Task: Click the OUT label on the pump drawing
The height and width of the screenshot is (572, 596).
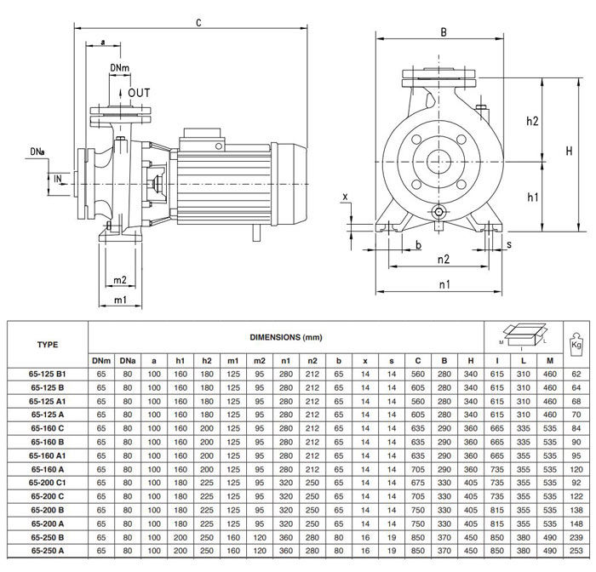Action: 139,92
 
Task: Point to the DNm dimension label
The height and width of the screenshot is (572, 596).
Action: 120,67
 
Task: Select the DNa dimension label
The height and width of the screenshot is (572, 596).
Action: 37,152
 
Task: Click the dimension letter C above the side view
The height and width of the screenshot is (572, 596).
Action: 199,23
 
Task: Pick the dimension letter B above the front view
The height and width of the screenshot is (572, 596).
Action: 444,32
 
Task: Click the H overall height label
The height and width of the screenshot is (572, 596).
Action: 569,151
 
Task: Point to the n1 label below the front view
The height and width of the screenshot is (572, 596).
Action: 444,286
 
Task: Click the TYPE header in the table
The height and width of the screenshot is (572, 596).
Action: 48,345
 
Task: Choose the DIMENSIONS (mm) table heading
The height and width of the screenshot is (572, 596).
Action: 285,338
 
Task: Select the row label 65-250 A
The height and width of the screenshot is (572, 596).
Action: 48,552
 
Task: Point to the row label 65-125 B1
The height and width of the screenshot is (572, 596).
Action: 48,375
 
